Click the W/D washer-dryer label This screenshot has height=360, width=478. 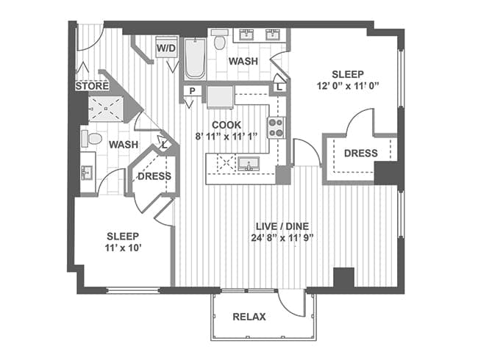point(166,48)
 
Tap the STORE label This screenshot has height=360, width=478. point(92,86)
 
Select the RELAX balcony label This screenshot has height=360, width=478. point(249,317)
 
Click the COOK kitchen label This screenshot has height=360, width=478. point(226,125)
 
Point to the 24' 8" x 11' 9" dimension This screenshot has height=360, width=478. point(282,237)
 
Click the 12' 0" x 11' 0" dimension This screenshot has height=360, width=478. point(348,85)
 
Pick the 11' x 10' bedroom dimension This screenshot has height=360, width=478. point(123,248)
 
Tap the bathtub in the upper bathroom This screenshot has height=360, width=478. point(195,58)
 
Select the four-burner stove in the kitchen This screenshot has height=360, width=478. point(277,128)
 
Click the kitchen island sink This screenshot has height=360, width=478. point(249,164)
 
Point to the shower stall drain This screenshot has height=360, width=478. point(106,109)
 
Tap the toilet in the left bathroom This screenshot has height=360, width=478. point(91,139)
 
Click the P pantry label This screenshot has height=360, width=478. point(192,91)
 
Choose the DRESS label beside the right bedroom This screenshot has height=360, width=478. point(360,153)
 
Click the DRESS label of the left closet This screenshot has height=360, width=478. point(154,176)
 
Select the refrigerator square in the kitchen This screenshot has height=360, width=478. point(220,97)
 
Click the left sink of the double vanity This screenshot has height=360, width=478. point(245,35)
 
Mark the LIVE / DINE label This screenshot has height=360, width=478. point(282,226)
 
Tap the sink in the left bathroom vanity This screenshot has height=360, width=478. point(87,173)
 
